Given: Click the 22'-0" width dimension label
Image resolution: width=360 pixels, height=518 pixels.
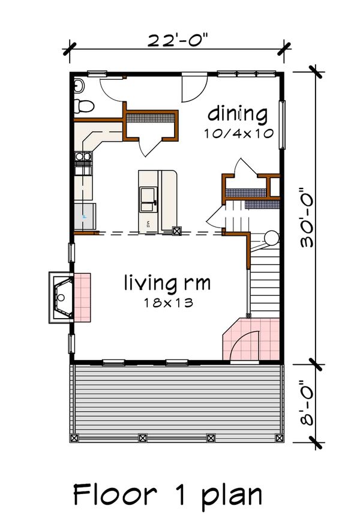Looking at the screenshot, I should pos(179,42).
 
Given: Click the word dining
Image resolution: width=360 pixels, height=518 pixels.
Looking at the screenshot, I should pos(237,113).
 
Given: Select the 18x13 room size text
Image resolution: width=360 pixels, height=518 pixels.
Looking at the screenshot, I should pos(167,303).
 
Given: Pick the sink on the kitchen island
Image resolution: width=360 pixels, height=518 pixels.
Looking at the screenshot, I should pos(148,199).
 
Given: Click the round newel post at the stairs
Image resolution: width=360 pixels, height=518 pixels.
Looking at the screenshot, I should pos(271,237).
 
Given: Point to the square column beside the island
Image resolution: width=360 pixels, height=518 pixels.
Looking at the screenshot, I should pos(177,229).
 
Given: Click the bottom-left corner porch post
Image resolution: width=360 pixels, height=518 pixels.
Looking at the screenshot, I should pos(74,438).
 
